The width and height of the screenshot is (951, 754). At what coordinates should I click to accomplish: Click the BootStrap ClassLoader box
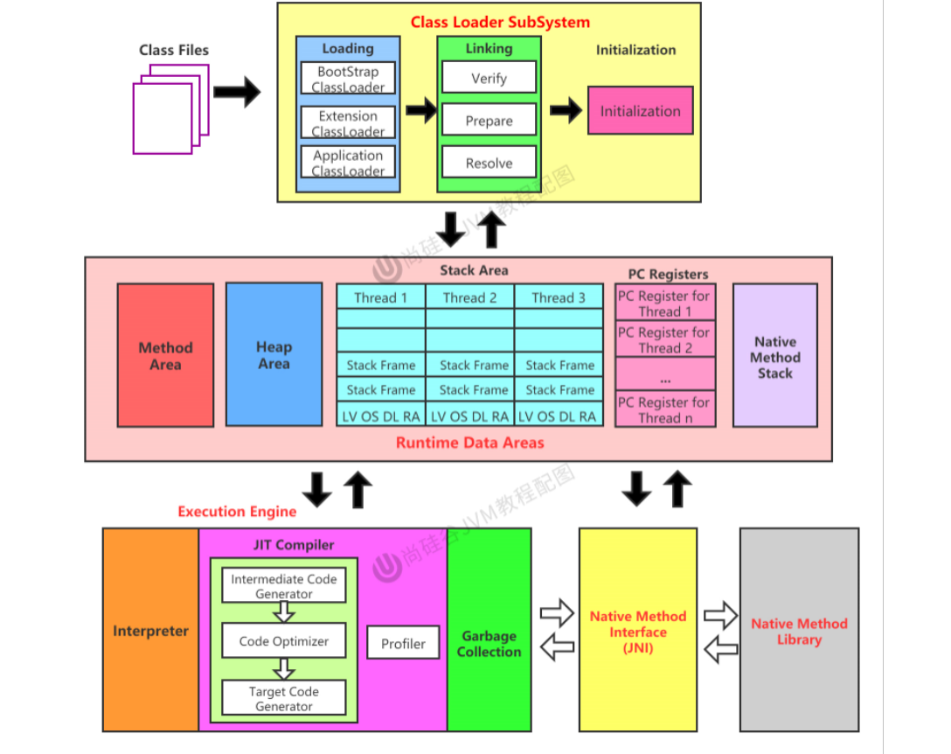pyautogui.click(x=348, y=79)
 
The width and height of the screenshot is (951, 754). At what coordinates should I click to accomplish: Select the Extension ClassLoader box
pyautogui.click(x=348, y=123)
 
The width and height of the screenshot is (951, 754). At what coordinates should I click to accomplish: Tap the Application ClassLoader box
pyautogui.click(x=348, y=163)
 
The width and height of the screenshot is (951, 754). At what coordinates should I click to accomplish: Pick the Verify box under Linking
pyautogui.click(x=489, y=78)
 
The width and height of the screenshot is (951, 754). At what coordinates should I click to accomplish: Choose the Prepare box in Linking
pyautogui.click(x=489, y=121)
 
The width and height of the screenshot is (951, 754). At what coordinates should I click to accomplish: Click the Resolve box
pyautogui.click(x=489, y=163)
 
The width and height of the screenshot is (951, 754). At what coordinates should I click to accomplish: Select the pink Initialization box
pyautogui.click(x=640, y=111)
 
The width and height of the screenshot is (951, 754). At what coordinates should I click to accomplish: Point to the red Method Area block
pyautogui.click(x=165, y=355)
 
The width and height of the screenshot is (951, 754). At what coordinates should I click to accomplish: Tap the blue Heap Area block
pyautogui.click(x=274, y=354)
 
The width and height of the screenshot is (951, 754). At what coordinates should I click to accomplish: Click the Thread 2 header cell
pyautogui.click(x=469, y=297)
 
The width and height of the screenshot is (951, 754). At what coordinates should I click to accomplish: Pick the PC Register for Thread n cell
pyautogui.click(x=664, y=409)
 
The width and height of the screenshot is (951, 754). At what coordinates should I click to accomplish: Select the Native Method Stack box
pyautogui.click(x=774, y=356)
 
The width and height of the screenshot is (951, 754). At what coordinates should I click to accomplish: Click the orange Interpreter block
pyautogui.click(x=150, y=630)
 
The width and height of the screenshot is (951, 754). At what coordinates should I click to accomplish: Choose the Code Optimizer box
pyautogui.click(x=284, y=641)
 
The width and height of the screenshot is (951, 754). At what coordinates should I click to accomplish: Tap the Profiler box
pyautogui.click(x=403, y=644)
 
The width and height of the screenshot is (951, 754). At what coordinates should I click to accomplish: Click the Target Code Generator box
pyautogui.click(x=284, y=698)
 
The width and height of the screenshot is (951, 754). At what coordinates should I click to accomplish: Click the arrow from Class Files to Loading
pyautogui.click(x=237, y=92)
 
